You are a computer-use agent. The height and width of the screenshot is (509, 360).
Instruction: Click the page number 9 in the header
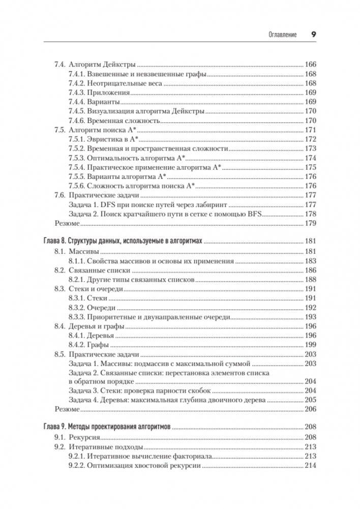click(314, 35)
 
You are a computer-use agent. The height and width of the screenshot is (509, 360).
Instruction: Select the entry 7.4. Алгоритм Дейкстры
click(94, 65)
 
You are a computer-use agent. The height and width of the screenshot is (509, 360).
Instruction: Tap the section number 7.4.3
click(76, 93)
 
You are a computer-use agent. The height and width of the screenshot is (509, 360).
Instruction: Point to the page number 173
click(310, 148)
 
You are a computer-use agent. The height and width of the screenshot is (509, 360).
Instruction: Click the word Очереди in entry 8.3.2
click(101, 308)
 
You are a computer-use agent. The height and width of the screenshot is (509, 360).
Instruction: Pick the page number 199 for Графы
click(310, 346)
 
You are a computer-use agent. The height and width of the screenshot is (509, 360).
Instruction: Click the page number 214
click(310, 466)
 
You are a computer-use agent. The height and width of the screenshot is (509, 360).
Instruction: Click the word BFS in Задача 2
click(253, 214)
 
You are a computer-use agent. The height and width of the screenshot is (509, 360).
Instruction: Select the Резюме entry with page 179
click(67, 223)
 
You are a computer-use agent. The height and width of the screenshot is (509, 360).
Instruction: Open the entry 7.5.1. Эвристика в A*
click(104, 139)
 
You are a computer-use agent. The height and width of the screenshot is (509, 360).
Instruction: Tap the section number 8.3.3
click(76, 317)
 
